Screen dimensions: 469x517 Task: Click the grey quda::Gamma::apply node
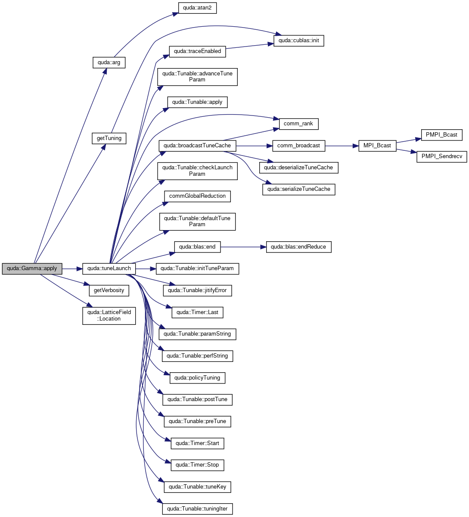(32, 269)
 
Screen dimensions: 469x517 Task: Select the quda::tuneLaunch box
(109, 269)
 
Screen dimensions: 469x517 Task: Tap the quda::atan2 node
(197, 8)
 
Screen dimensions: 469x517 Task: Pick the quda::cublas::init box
(298, 41)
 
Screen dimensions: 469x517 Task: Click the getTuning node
(109, 138)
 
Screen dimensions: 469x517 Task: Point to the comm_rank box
(298, 124)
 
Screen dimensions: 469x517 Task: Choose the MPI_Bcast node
(377, 146)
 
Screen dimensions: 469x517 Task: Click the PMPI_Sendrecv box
(442, 157)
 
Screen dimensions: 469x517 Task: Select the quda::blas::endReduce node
(298, 247)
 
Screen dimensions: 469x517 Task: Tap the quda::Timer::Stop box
(197, 465)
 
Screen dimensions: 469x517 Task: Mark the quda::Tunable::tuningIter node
(197, 509)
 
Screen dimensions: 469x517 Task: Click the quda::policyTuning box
(197, 378)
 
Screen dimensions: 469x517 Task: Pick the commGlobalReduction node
(197, 196)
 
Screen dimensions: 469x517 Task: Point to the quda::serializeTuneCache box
(298, 190)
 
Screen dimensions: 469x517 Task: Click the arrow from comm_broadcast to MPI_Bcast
(342, 146)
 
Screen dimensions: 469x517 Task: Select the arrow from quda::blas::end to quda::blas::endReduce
(243, 247)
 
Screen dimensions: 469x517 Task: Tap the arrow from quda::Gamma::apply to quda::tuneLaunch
(72, 269)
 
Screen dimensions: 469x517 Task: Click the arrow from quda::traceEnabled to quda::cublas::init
(249, 46)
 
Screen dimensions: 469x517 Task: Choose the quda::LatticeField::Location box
(109, 316)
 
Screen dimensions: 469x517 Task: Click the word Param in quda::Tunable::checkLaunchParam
(197, 174)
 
